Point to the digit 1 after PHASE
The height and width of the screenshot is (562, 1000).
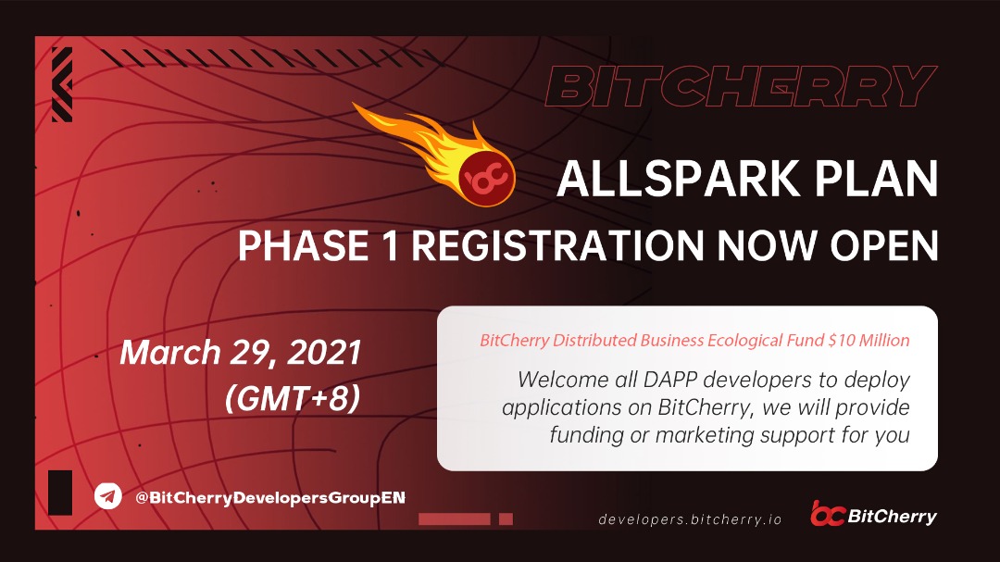pyautogui.click(x=391, y=245)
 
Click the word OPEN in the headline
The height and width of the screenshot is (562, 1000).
pyautogui.click(x=884, y=245)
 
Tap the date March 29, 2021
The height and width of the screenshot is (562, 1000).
pyautogui.click(x=241, y=353)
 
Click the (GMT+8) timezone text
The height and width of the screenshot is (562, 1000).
pyautogui.click(x=293, y=399)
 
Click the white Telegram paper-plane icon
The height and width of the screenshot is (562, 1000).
pyautogui.click(x=107, y=495)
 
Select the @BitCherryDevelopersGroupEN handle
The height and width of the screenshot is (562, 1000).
pyautogui.click(x=269, y=497)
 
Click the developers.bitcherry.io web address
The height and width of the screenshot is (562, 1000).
pyautogui.click(x=690, y=519)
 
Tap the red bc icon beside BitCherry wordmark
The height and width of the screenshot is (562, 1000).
pyautogui.click(x=827, y=514)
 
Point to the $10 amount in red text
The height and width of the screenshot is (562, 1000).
pyautogui.click(x=841, y=340)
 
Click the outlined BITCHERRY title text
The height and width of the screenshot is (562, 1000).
pyautogui.click(x=741, y=86)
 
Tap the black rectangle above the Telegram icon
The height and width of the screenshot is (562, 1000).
pyautogui.click(x=60, y=493)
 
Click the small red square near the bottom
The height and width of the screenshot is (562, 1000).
pyautogui.click(x=506, y=519)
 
